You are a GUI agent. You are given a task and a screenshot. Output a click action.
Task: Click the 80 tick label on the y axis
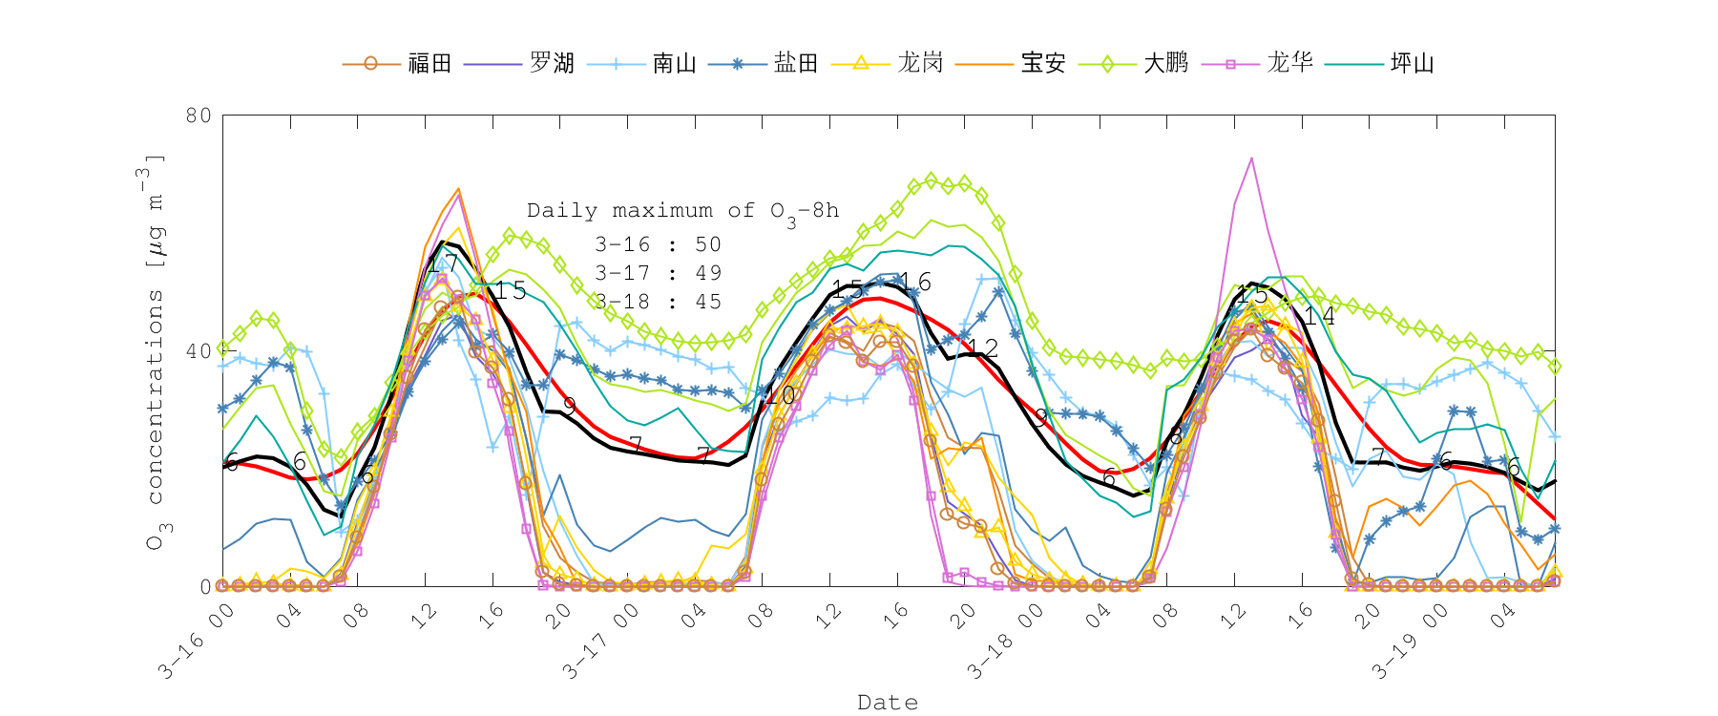(x=199, y=116)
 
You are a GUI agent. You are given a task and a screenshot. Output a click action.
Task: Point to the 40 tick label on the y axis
(x=199, y=351)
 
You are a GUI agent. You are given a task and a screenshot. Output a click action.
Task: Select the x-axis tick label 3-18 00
(x=1004, y=642)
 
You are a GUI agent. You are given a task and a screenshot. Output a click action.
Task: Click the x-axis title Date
(x=888, y=703)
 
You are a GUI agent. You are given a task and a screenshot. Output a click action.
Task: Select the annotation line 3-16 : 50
(x=658, y=244)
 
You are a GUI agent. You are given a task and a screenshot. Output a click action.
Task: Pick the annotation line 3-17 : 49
(x=658, y=273)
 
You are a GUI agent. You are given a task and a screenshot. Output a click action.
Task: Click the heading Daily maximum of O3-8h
(x=682, y=211)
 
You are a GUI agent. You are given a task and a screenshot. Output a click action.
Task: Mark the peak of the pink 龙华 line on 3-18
(x=1251, y=158)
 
